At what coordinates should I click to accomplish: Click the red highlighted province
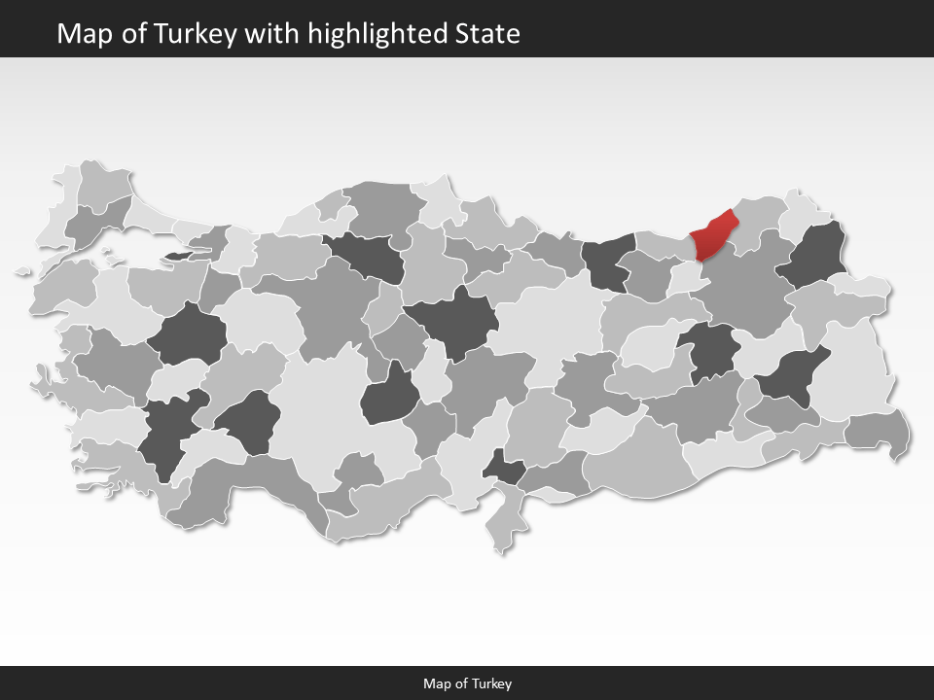710,236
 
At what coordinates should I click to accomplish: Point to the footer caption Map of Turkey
467,683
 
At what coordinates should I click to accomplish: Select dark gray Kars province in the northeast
815,256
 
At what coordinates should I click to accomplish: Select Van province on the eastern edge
848,374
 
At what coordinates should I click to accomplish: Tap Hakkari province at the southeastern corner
878,431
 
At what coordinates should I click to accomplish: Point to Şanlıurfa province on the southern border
637,457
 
